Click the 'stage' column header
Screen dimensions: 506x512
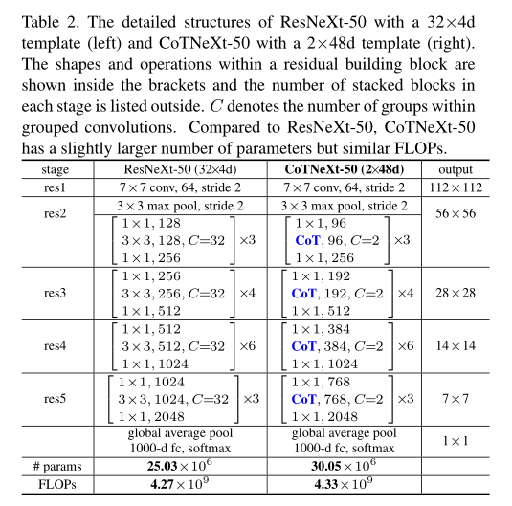(59, 168)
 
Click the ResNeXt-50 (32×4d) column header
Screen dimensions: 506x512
(182, 168)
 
